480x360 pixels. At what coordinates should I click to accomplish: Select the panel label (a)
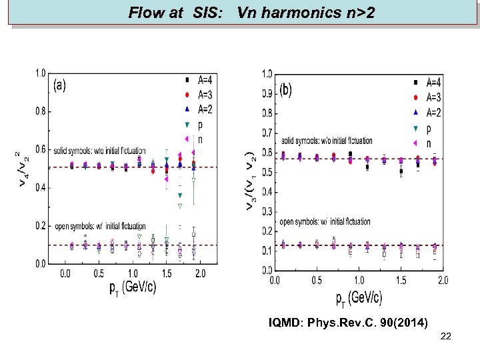point(60,85)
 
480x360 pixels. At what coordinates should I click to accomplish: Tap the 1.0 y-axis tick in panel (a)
point(41,73)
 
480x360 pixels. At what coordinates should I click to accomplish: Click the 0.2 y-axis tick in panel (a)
point(41,226)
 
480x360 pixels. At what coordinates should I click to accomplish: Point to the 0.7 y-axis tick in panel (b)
point(267,133)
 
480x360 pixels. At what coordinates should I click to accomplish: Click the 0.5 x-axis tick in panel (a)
point(99,273)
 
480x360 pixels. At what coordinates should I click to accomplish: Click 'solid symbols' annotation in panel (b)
point(327,141)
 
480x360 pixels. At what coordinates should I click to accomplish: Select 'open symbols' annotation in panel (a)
point(100,227)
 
